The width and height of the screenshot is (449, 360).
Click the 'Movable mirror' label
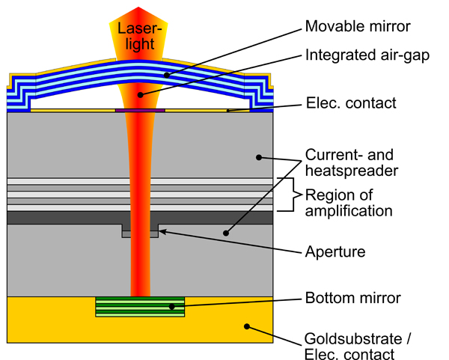tap(358, 27)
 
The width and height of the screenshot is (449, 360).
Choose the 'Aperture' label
tap(336, 251)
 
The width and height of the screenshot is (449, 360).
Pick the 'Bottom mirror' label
tap(352, 299)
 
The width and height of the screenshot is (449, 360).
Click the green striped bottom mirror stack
tap(141, 306)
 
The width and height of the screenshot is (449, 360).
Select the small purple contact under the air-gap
tap(140, 111)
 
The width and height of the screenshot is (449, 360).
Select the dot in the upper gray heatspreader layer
tap(258, 157)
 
